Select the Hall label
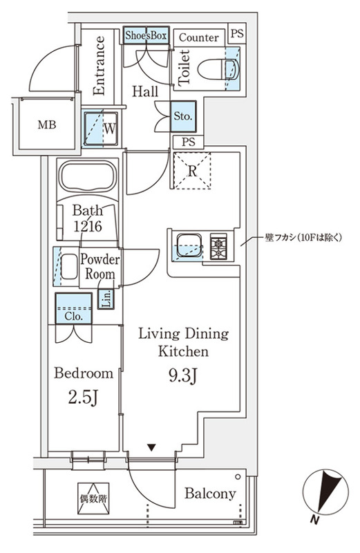144,91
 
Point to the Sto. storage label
182,116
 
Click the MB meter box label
47,125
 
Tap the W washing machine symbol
108,128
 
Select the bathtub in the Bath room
87,176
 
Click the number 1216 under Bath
87,226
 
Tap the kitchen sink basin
187,245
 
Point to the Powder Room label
100,267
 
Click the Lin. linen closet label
106,299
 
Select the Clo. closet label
74,316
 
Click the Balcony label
210,494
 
